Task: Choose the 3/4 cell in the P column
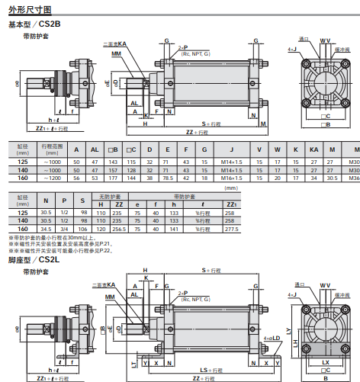coord(65,229)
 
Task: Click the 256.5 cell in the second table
coord(119,229)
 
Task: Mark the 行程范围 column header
coord(53,147)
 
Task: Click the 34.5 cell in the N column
coord(46,229)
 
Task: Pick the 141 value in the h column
coord(176,229)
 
